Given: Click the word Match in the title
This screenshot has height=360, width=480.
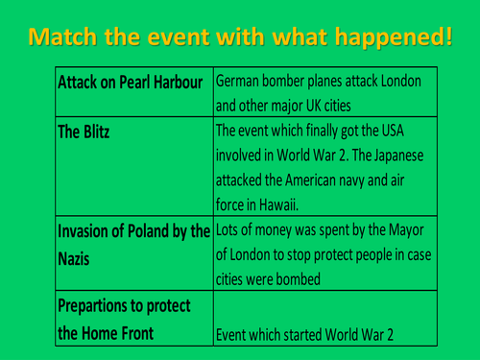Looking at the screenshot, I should pyautogui.click(x=65, y=37).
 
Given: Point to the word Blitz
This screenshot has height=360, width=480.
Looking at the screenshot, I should pyautogui.click(x=94, y=131).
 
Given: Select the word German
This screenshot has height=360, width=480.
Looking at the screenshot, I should pyautogui.click(x=241, y=82).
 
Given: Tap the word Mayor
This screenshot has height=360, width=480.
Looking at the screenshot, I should pyautogui.click(x=403, y=231).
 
